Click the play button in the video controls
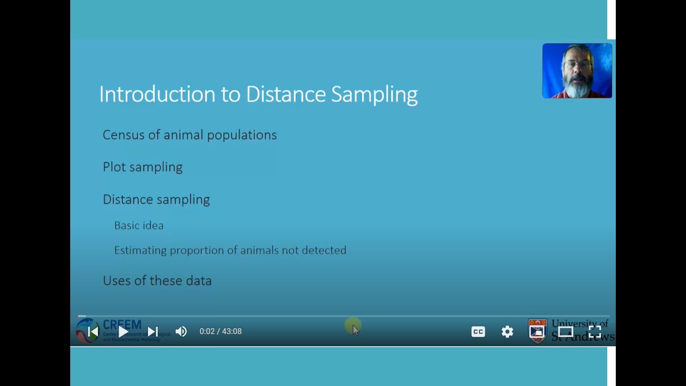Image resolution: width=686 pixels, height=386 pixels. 123,332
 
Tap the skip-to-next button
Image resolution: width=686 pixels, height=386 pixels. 152,332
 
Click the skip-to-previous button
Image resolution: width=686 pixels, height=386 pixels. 93,332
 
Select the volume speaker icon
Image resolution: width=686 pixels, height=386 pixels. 181,332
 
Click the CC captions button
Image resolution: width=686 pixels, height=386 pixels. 478,332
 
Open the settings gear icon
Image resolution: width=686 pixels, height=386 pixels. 507,332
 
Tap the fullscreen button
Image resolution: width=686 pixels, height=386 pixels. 594,332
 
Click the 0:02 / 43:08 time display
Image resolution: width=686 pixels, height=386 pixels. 220,332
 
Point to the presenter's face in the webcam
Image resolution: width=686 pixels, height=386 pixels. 577,70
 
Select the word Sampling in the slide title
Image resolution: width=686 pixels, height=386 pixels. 374,94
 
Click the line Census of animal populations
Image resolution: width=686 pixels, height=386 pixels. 189,135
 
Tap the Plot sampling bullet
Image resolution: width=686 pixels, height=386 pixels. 143,167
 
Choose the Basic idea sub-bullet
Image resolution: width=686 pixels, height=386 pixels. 139,226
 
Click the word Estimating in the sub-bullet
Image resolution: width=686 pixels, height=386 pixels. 140,250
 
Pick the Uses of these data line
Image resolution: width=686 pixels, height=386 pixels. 157,281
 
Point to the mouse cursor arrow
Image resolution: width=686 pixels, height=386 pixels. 355,329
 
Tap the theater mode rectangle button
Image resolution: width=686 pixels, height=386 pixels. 565,332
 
